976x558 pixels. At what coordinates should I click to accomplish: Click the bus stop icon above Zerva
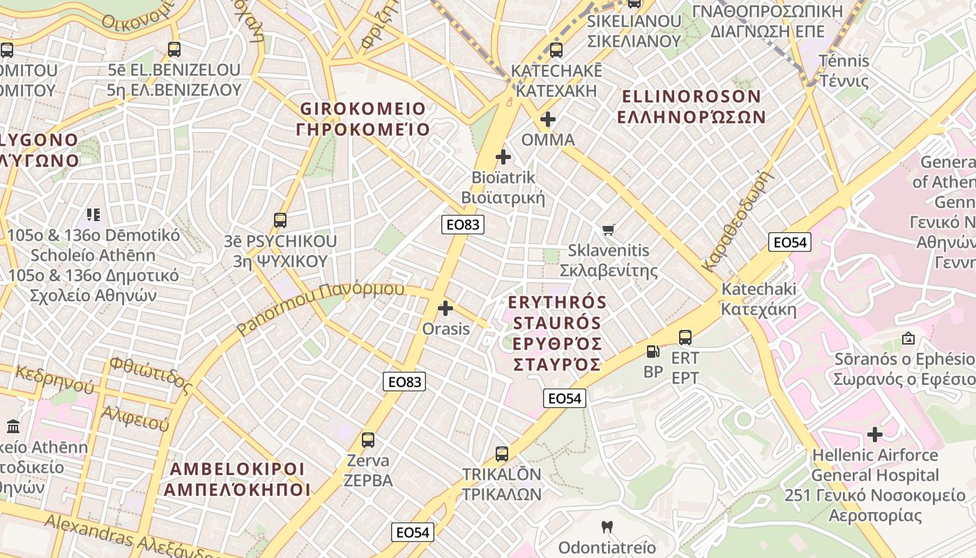point(368,440)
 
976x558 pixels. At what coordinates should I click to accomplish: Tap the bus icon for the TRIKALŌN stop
point(502,454)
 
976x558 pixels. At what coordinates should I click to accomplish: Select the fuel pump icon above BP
point(653,352)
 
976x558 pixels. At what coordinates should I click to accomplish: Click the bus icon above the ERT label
point(685,338)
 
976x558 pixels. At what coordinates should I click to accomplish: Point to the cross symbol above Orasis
point(445,308)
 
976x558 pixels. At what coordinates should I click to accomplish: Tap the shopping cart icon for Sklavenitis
point(609,229)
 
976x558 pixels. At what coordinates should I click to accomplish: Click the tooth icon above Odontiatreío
point(607,527)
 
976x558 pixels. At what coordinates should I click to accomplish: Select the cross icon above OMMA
point(548,119)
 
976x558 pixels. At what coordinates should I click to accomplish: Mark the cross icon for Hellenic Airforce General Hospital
point(874,435)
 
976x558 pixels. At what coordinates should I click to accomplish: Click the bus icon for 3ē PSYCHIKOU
point(280,220)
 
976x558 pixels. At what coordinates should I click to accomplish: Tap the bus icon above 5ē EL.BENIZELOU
point(174,50)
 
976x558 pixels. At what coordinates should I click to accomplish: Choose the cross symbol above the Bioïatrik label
point(503,157)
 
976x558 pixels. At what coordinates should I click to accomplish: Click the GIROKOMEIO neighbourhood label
point(363,119)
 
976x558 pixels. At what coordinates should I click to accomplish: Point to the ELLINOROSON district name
point(691,106)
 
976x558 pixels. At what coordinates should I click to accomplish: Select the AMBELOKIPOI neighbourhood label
point(237,478)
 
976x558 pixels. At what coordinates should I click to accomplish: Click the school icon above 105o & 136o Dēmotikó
point(93,214)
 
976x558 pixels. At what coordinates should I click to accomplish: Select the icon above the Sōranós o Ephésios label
point(908,338)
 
